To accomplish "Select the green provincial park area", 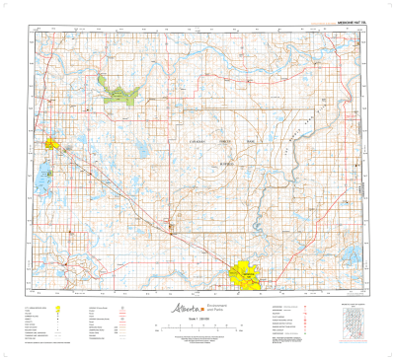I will coord(118,94).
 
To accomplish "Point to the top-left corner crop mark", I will coord(7,7).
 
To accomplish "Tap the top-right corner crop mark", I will coord(387,7).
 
